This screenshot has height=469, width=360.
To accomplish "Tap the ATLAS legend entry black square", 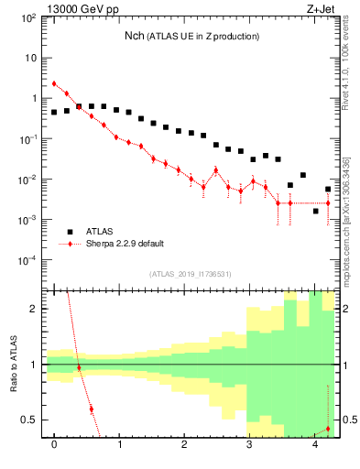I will coord(70,232).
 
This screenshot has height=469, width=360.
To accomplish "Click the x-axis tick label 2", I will coord(184,445).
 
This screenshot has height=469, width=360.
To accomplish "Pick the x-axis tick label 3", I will coord(249,445).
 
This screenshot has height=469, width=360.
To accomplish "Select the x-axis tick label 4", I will coord(314,445).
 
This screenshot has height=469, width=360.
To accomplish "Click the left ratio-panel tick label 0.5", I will coord(28,420).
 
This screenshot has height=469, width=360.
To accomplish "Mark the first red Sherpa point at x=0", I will coord(54,84).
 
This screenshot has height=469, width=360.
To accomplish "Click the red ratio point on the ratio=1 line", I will coord(79,367).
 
